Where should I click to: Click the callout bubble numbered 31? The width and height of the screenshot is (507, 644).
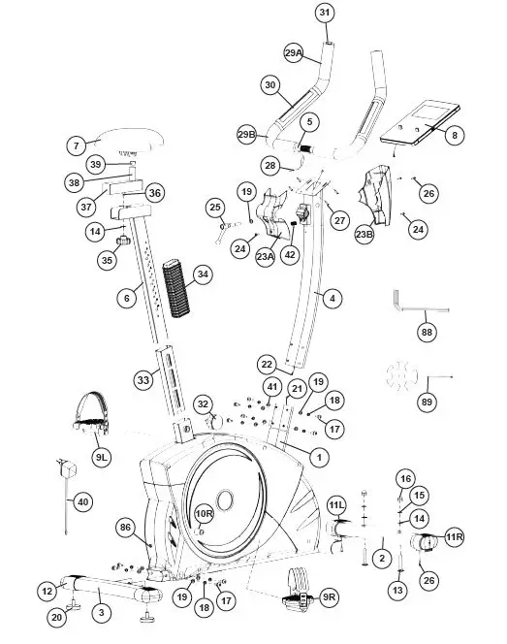pyautogui.click(x=325, y=13)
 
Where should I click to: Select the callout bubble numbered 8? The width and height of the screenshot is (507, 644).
pyautogui.click(x=453, y=137)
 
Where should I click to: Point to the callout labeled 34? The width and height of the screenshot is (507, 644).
pyautogui.click(x=202, y=274)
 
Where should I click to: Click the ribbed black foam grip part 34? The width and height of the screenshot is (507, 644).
pyautogui.click(x=177, y=288)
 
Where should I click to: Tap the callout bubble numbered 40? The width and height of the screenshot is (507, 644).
pyautogui.click(x=82, y=501)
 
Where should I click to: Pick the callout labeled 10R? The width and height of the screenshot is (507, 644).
pyautogui.click(x=204, y=513)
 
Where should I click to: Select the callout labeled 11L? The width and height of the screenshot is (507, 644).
pyautogui.click(x=336, y=505)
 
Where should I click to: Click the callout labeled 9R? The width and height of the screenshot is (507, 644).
pyautogui.click(x=330, y=598)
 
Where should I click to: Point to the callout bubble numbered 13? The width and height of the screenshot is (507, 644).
pyautogui.click(x=396, y=590)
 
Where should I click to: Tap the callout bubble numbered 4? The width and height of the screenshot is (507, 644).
pyautogui.click(x=332, y=299)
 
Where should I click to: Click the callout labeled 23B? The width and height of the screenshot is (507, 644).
pyautogui.click(x=364, y=233)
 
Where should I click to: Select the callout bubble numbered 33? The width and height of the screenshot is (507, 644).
pyautogui.click(x=143, y=380)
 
